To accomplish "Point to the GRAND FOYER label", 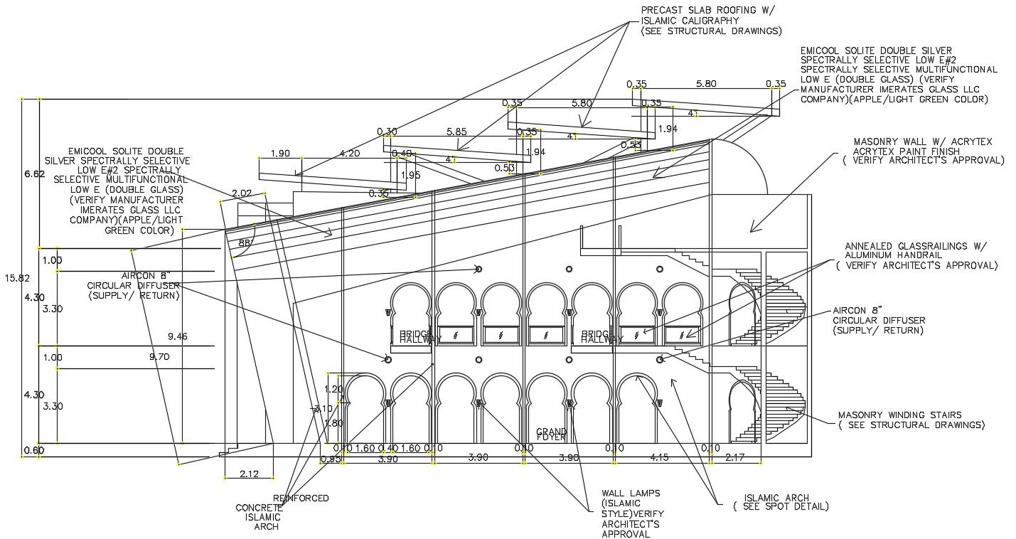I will [x=551, y=434].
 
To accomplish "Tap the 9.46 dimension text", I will [x=178, y=336].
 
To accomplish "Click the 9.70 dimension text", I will [x=159, y=358].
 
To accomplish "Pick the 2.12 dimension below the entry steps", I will [x=250, y=473].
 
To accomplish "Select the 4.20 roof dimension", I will [x=349, y=153].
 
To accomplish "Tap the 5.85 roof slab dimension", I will [x=456, y=132].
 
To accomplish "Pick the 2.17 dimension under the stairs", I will [x=735, y=458].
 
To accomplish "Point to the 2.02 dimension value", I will [x=242, y=193].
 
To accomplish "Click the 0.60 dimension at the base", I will [x=33, y=449].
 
